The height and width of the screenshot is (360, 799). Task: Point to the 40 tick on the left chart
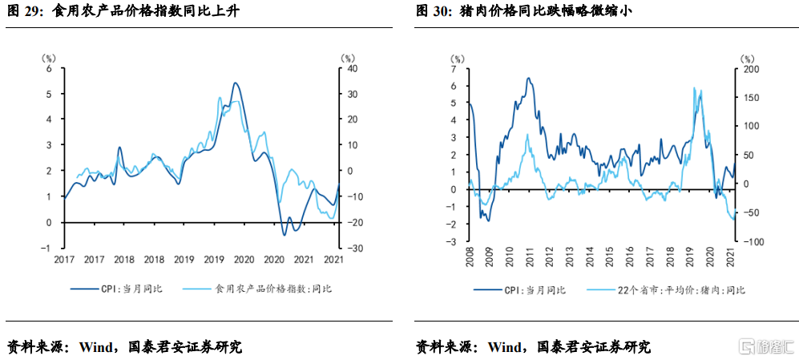pos(346,69)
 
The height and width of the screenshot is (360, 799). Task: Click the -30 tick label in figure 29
pos(345,249)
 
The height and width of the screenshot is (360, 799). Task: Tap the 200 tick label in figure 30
pos(749,70)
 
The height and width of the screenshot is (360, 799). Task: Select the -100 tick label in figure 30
pos(747,242)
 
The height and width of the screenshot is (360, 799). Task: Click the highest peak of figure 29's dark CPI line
pos(235,83)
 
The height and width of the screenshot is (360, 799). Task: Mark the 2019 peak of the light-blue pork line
pos(694,87)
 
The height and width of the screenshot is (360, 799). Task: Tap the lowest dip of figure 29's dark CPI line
pos(284,235)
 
